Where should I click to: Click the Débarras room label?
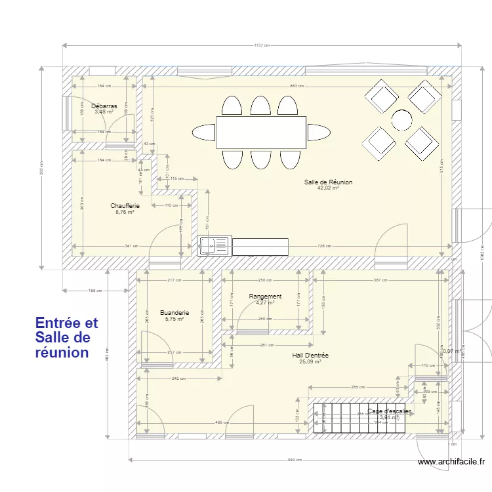104,106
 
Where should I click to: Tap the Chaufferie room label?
125,206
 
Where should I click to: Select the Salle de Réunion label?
328,182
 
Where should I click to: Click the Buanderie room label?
174,313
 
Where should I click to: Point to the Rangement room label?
265,297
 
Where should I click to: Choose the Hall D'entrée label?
310,356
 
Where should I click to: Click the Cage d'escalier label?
389,411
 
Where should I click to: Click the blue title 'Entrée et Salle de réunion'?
66,337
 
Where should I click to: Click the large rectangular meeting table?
261,132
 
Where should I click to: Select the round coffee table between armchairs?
401,119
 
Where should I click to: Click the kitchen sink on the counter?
214,245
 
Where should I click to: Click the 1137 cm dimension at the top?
262,45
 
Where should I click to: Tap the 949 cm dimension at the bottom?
295,459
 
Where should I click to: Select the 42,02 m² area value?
328,188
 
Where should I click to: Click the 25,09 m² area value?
310,361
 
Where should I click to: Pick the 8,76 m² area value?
125,212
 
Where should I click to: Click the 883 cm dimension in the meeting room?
297,87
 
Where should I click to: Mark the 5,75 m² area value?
174,319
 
